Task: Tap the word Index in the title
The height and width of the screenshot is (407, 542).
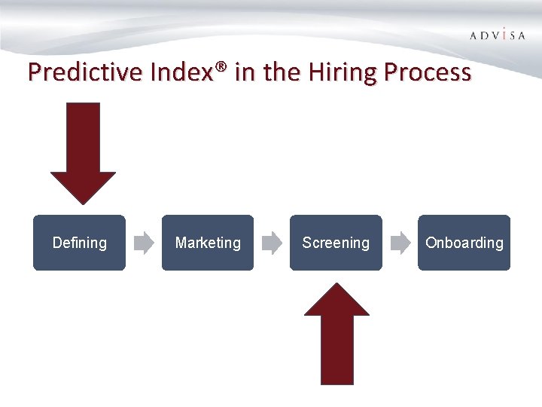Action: point(181,72)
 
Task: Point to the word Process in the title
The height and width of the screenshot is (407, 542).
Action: point(428,72)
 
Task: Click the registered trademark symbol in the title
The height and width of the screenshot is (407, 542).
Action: point(221,69)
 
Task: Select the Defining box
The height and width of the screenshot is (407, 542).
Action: point(79,243)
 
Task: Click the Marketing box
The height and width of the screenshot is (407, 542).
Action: point(208,243)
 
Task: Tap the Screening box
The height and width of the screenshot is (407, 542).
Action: point(336,243)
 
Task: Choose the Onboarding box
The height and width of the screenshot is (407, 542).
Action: point(464,243)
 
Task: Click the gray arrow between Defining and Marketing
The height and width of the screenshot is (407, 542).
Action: point(143,243)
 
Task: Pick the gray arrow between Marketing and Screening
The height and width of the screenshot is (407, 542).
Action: point(272,243)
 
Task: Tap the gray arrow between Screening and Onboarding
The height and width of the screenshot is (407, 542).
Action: point(400,243)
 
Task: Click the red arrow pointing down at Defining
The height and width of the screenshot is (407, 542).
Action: point(83,151)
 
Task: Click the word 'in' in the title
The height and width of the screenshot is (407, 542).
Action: point(244,72)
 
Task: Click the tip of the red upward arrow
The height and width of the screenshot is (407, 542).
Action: point(336,285)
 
